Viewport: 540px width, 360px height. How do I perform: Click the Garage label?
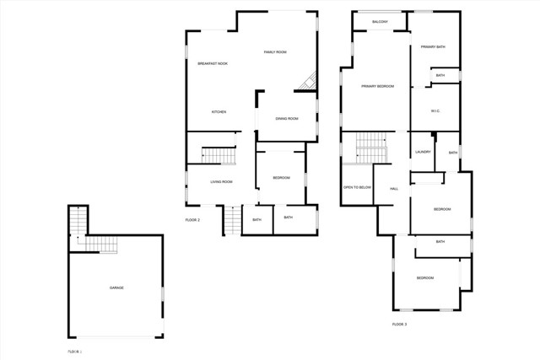click(x=116, y=287)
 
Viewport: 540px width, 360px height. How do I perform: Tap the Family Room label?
click(x=275, y=52)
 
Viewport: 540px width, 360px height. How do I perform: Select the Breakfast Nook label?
click(x=213, y=64)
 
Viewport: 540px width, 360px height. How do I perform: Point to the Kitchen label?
click(x=219, y=112)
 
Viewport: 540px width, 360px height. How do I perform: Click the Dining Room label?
click(x=287, y=118)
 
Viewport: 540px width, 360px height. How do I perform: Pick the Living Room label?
click(x=221, y=181)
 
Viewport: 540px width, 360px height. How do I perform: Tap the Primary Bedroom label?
click(x=377, y=86)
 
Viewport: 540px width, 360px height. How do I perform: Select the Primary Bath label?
click(x=434, y=46)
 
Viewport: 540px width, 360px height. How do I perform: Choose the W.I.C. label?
click(x=435, y=110)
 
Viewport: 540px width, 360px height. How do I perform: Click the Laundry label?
click(x=423, y=152)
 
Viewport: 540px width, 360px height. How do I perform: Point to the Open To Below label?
click(x=357, y=187)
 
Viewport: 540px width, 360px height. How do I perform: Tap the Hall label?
click(x=394, y=188)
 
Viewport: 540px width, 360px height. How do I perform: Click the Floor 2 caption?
click(x=192, y=219)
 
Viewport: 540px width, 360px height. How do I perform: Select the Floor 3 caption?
click(x=399, y=324)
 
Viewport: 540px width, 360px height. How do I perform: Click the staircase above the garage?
click(x=96, y=244)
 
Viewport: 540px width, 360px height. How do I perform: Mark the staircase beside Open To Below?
click(x=371, y=149)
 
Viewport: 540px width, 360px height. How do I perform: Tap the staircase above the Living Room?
click(x=219, y=155)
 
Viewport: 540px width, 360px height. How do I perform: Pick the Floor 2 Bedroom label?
click(x=281, y=177)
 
